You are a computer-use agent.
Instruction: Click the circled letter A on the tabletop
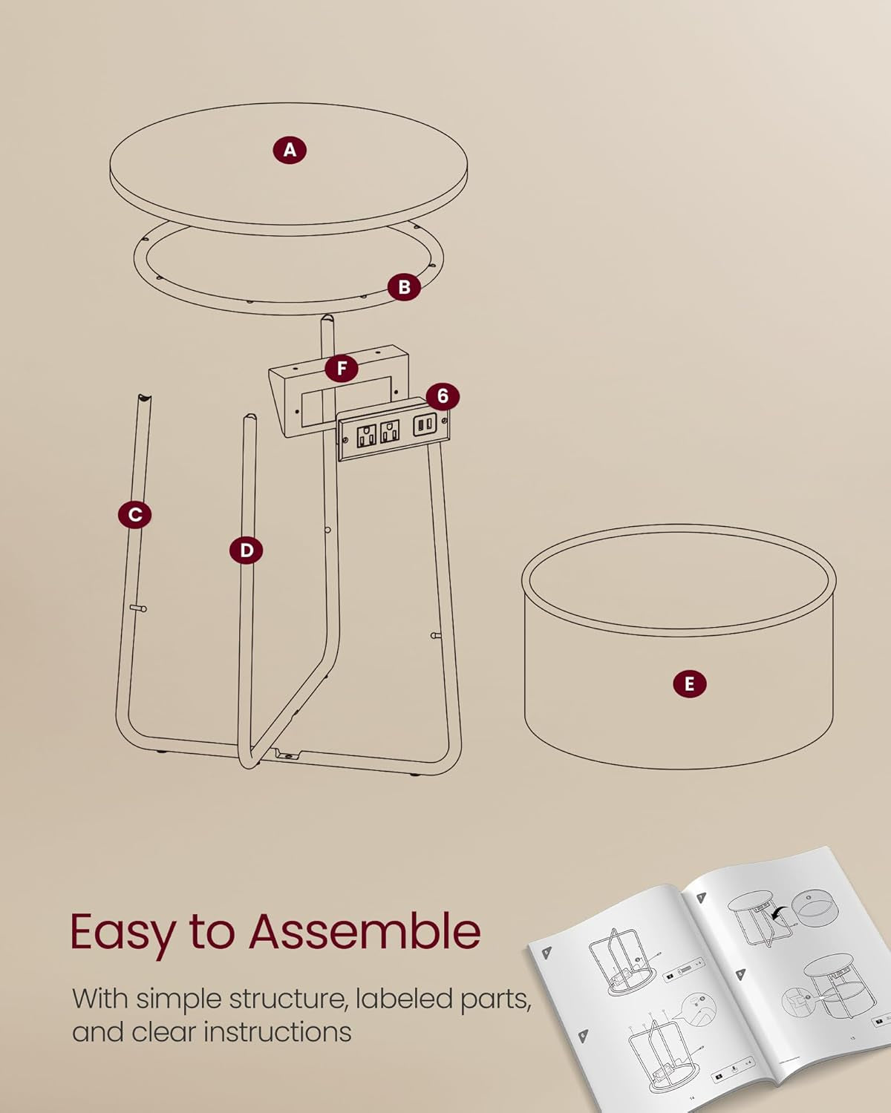coord(290,150)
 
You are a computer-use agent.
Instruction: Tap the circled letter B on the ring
coord(404,287)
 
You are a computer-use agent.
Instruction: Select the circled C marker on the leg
coord(134,514)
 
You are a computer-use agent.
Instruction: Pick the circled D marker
coord(246,551)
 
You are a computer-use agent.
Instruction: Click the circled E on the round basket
coord(689,683)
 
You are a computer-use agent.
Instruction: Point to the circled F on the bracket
coord(342,368)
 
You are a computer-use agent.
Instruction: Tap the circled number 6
coord(443,396)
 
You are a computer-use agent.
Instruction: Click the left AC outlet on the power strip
coord(366,435)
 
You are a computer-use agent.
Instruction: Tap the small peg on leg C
coord(139,608)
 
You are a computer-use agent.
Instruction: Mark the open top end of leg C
coord(143,399)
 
